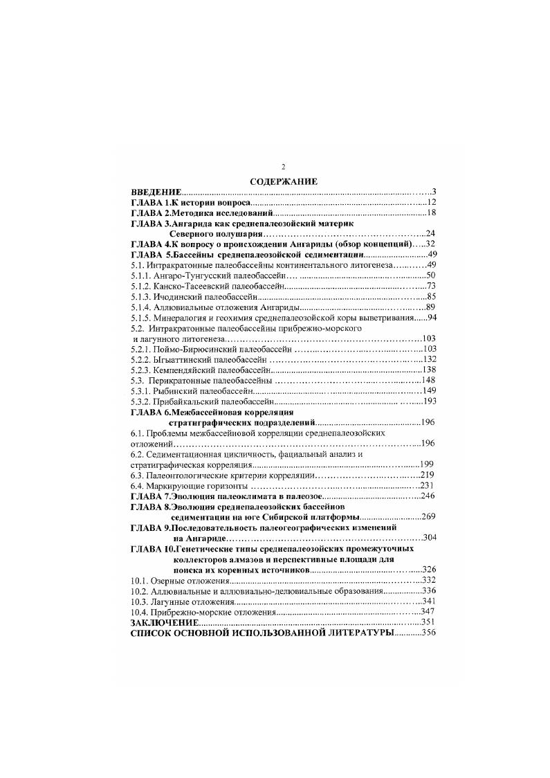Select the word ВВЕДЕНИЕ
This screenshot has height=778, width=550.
coord(156,191)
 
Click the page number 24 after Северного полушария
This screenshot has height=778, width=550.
coord(429,234)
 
